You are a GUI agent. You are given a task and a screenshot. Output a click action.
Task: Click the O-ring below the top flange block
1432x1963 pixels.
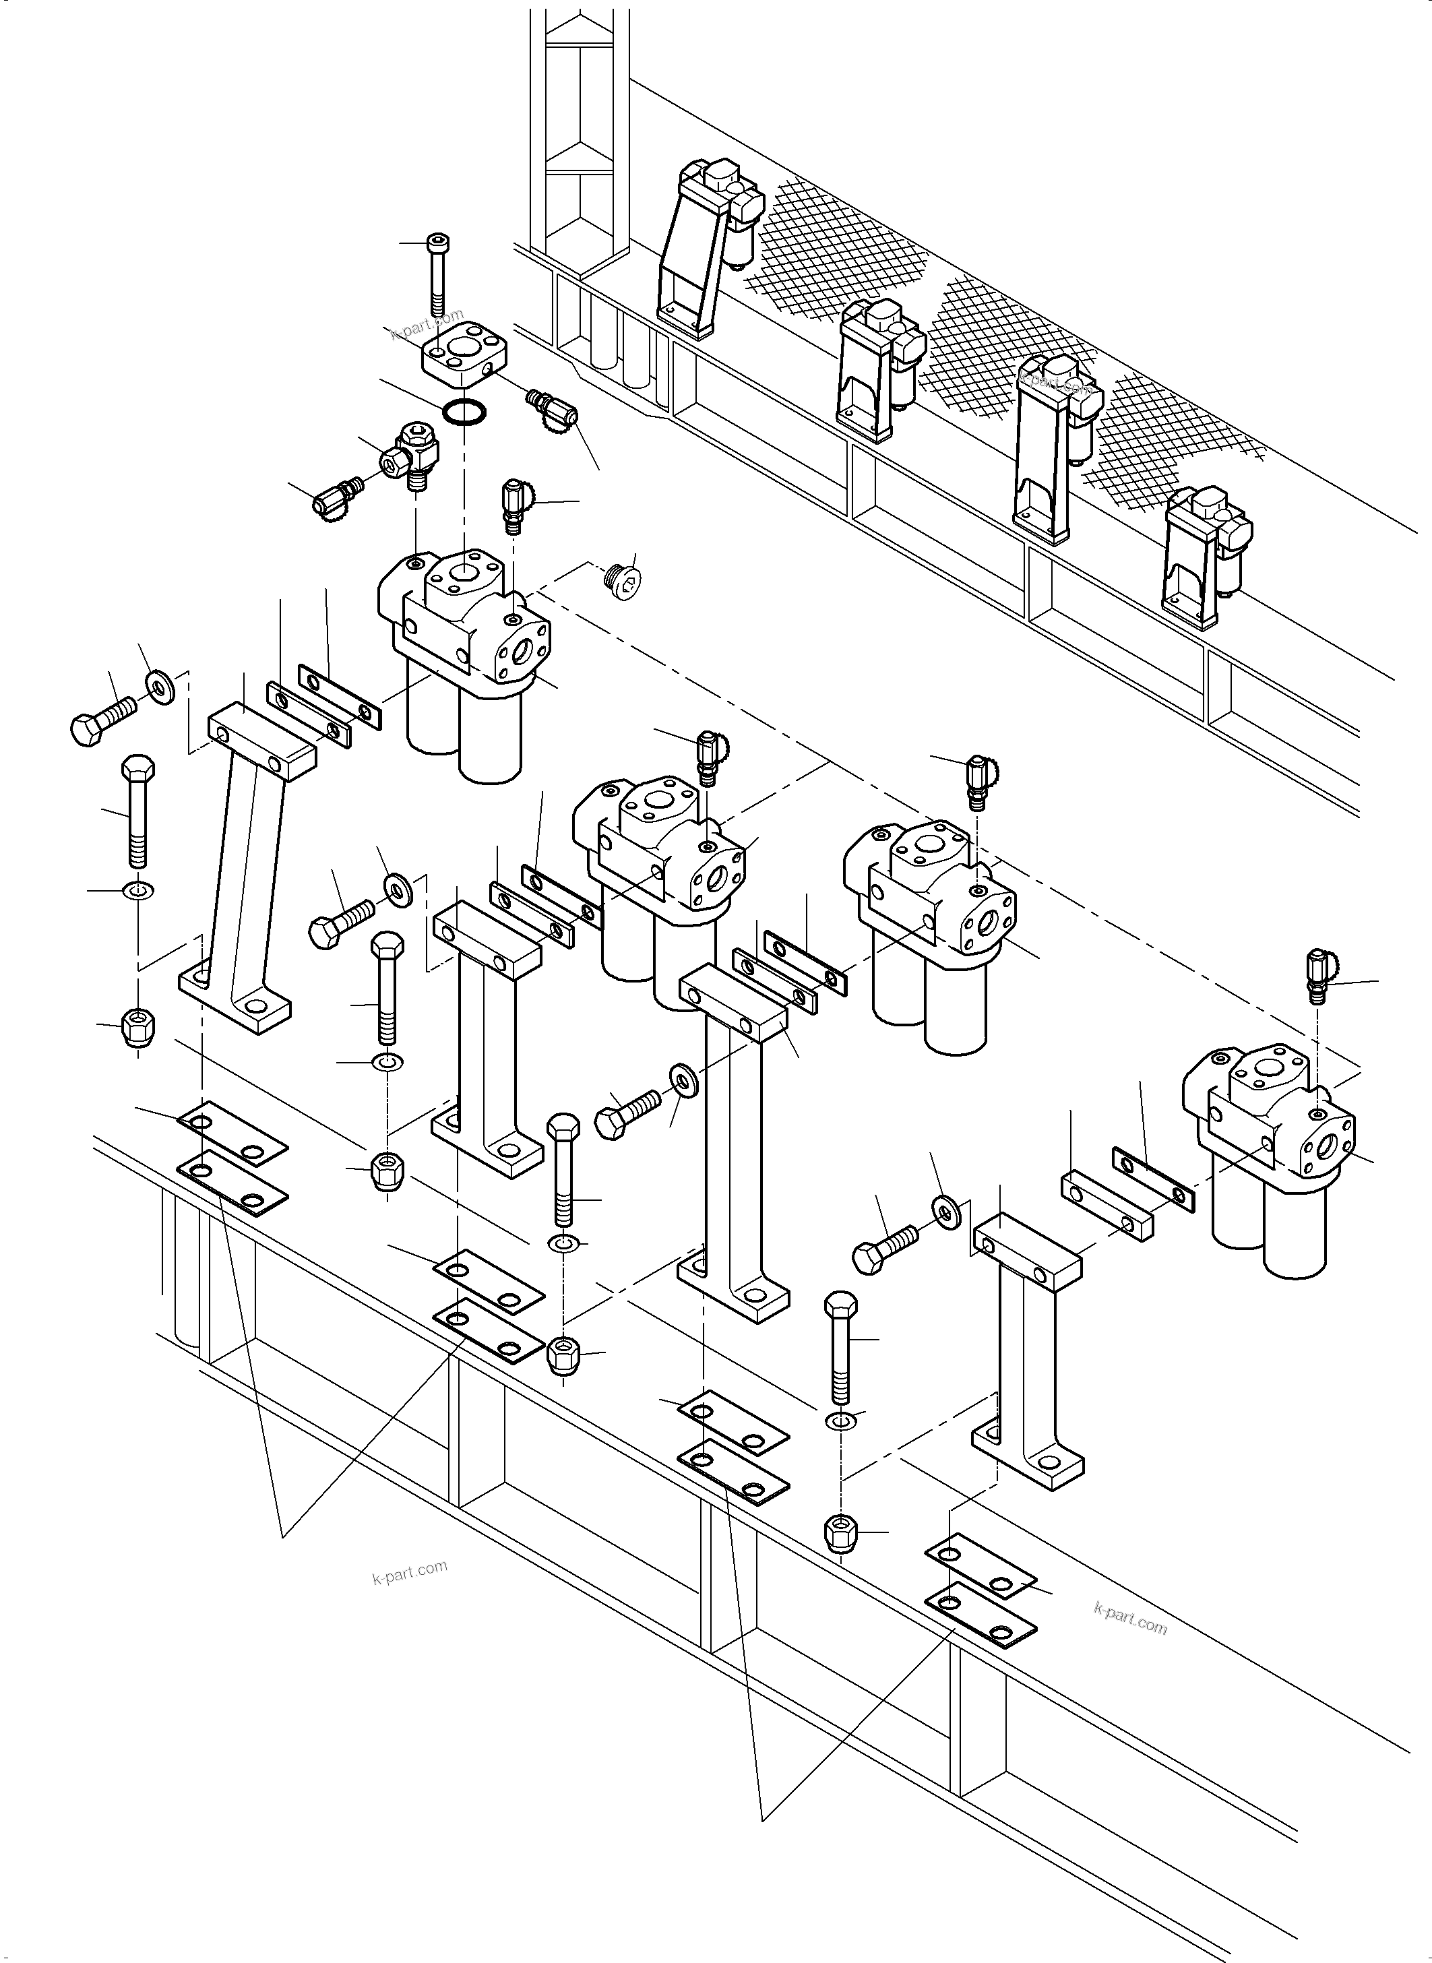[464, 411]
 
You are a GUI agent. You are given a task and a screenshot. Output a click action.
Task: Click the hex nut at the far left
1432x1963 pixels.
[136, 1027]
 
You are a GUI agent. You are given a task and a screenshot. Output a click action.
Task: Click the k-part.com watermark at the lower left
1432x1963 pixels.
[409, 1571]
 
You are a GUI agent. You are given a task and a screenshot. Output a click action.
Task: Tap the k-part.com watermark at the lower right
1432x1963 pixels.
[1130, 1619]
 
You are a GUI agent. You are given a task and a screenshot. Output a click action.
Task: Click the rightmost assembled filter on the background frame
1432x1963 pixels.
[1208, 555]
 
